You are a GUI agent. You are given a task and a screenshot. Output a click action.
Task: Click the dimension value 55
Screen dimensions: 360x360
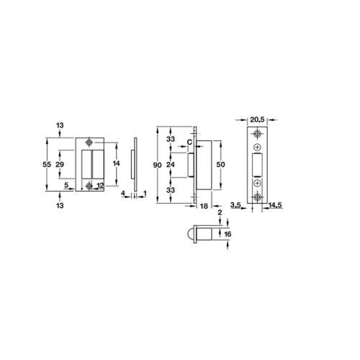47,164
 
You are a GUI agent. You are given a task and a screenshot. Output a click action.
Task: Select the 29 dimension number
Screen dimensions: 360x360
60,164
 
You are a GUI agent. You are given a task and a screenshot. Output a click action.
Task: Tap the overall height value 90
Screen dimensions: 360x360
157,165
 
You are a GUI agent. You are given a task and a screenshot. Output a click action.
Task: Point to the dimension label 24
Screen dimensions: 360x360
171,165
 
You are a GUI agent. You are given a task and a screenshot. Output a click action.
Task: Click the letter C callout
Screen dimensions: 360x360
189,143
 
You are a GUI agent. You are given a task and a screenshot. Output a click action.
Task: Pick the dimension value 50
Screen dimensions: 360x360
220,164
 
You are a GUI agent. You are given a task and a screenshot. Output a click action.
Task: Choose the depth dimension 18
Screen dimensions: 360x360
204,206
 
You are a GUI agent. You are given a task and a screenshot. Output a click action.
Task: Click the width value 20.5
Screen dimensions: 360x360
257,120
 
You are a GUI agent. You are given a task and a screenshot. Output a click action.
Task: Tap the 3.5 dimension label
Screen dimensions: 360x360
235,205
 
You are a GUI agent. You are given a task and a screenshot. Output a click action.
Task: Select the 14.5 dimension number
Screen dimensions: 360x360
276,205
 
